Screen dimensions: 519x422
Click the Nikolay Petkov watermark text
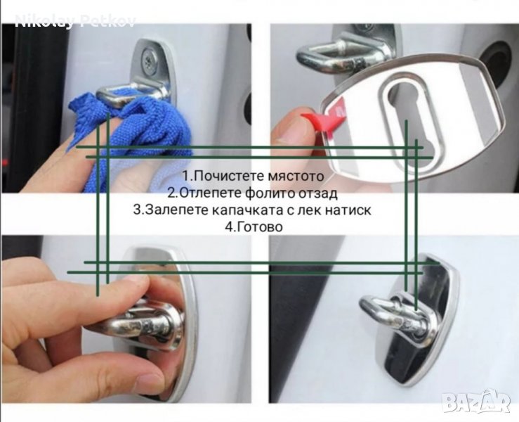pyautogui.click(x=75, y=21)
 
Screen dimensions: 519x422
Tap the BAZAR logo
pyautogui.click(x=476, y=402)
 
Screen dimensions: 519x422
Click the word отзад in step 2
pyautogui.click(x=317, y=193)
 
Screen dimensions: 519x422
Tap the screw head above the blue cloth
pyautogui.click(x=150, y=60)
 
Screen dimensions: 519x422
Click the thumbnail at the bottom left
pyautogui.click(x=126, y=319)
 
